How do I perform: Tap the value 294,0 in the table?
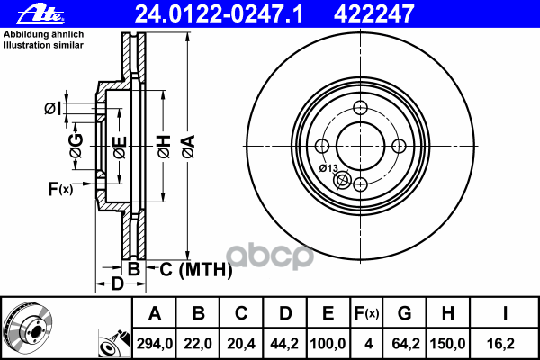point(155,341)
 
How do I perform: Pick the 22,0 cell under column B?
point(199,341)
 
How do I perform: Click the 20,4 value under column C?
point(242,341)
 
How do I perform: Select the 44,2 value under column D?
point(285,341)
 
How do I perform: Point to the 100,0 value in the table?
point(328,341)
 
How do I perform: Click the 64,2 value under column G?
point(404,341)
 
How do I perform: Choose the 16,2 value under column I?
point(505,341)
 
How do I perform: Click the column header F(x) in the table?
point(366,313)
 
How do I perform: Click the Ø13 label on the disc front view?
point(328,168)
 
